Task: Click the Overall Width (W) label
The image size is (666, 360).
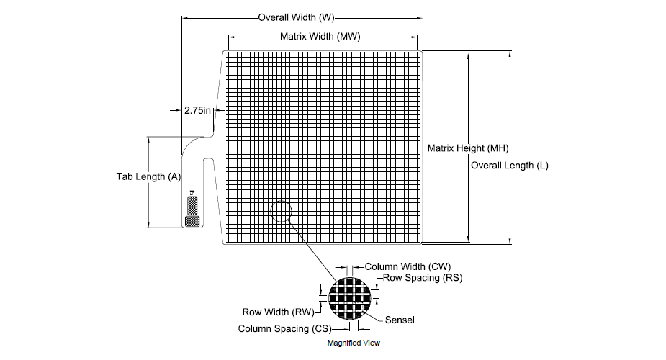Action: click(297, 18)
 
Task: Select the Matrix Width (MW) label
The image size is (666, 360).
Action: click(320, 37)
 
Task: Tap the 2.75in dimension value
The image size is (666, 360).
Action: click(197, 110)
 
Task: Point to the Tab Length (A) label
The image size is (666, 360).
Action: click(148, 176)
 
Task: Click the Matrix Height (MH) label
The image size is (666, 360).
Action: click(468, 148)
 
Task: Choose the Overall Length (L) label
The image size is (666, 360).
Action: click(510, 166)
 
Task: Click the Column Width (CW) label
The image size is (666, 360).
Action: click(408, 266)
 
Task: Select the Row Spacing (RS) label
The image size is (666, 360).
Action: click(423, 278)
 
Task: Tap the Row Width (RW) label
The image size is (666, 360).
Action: click(278, 312)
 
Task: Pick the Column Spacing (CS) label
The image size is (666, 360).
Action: click(284, 329)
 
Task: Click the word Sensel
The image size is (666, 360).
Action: click(400, 320)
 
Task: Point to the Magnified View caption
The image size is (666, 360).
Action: click(354, 343)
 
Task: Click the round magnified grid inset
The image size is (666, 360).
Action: click(350, 299)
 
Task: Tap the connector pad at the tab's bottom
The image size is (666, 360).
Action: click(192, 221)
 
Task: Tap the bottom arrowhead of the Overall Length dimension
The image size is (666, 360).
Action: click(510, 240)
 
